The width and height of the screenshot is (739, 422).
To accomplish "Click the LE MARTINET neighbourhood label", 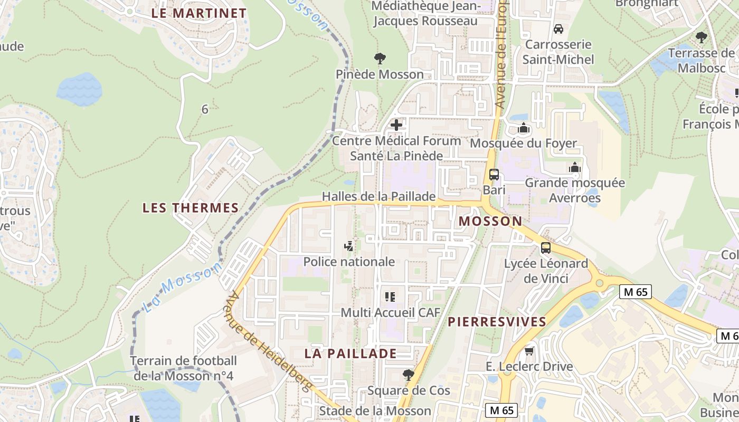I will [199, 13].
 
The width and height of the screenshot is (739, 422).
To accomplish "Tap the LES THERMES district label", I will [191, 208].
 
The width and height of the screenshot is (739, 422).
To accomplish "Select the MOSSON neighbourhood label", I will [490, 221].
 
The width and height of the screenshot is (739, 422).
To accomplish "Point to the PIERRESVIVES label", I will [497, 322].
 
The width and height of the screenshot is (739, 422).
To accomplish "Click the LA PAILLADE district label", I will [350, 353].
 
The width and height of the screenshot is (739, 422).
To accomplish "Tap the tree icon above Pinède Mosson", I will [380, 58].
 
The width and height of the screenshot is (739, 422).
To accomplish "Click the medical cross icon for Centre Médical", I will [396, 126].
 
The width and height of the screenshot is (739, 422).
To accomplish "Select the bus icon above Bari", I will [494, 175].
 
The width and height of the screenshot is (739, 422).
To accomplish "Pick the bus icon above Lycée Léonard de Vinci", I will [546, 247].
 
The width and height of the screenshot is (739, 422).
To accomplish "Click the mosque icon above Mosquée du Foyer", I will [523, 128].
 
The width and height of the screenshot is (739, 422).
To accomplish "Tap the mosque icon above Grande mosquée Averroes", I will [575, 167].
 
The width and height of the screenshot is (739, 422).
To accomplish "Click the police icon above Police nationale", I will [348, 246].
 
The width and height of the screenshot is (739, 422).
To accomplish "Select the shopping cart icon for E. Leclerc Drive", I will [529, 351].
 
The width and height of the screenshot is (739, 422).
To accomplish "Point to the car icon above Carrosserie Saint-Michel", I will [558, 28].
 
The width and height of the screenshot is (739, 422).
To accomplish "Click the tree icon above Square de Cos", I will [408, 375].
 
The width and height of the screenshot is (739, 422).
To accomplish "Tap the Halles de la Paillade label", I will [379, 197].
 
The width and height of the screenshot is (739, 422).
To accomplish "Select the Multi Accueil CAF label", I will [390, 312].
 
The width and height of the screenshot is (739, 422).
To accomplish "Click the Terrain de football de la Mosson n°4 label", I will [184, 369].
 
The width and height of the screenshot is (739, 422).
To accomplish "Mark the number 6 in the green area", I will [205, 109].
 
